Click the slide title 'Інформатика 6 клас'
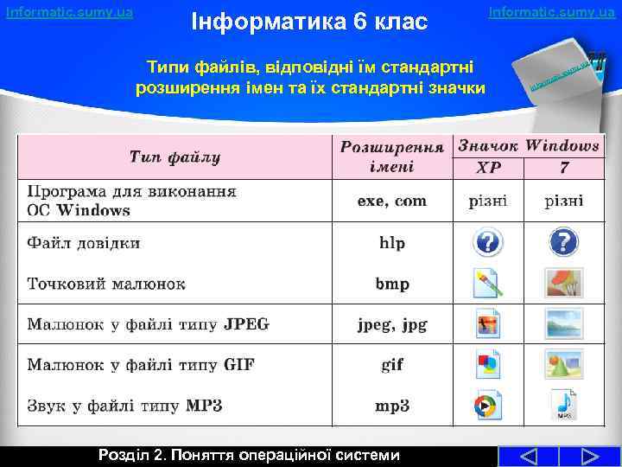tap(309, 20)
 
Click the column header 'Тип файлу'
tap(175, 157)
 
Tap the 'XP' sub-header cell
tap(489, 167)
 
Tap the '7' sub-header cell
tap(563, 167)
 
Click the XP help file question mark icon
tap(488, 242)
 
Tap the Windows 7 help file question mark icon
tap(563, 242)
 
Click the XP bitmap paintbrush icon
tap(488, 283)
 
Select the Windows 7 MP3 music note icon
tap(563, 405)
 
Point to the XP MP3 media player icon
tap(488, 405)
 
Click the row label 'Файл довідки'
tap(84, 243)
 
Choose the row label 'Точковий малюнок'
tap(106, 284)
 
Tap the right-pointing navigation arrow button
tap(590, 456)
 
